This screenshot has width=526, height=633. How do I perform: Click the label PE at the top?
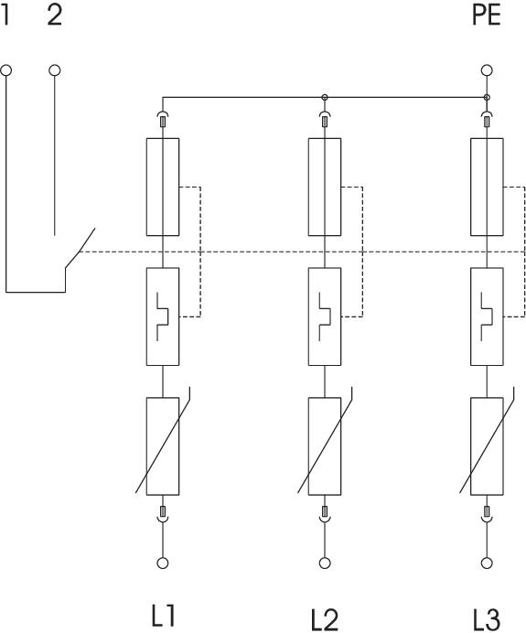[x=487, y=15]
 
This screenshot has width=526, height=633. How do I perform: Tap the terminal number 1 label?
[x=5, y=15]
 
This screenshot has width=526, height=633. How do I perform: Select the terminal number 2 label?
[x=55, y=15]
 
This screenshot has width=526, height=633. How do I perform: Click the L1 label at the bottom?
[x=163, y=616]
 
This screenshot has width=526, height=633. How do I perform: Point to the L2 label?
[x=325, y=619]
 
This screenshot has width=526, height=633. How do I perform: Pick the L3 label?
[x=487, y=619]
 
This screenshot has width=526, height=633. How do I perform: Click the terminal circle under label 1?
[x=6, y=70]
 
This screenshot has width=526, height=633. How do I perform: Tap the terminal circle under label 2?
[x=55, y=70]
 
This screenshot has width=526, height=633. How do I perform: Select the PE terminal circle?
[x=487, y=70]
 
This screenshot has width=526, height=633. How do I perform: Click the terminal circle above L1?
[x=163, y=563]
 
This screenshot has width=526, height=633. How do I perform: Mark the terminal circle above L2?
[x=325, y=563]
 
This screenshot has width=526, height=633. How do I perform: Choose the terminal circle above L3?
[x=487, y=563]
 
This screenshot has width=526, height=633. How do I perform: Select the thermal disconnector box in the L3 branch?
[x=487, y=316]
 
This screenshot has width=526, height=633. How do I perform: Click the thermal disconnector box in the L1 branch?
[x=163, y=316]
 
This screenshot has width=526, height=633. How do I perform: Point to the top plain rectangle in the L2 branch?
[x=325, y=187]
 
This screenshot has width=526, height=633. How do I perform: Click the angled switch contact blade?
[x=80, y=248]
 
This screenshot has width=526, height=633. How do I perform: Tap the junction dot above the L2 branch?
[x=325, y=97]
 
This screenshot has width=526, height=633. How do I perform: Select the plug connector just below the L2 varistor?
[x=325, y=515]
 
